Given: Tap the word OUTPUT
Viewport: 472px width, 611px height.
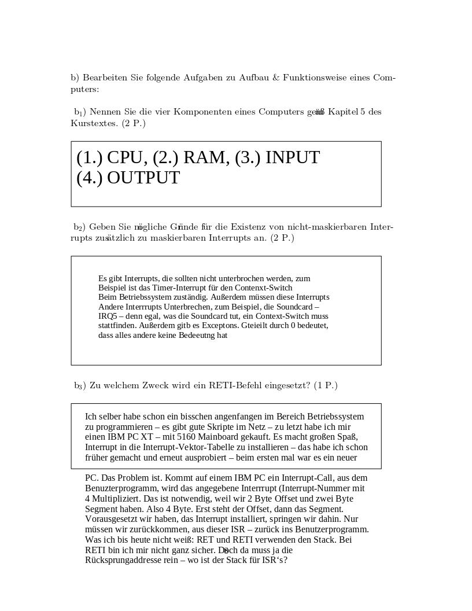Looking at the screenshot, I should (x=143, y=178).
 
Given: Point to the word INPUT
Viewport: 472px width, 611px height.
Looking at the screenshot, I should (x=292, y=157).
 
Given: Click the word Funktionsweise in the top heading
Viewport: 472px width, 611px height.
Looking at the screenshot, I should (x=314, y=78).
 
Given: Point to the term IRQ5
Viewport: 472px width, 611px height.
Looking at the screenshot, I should (x=108, y=316).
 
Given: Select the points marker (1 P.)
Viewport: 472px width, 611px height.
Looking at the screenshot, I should (x=326, y=385).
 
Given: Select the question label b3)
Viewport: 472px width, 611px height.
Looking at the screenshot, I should (x=80, y=385).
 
